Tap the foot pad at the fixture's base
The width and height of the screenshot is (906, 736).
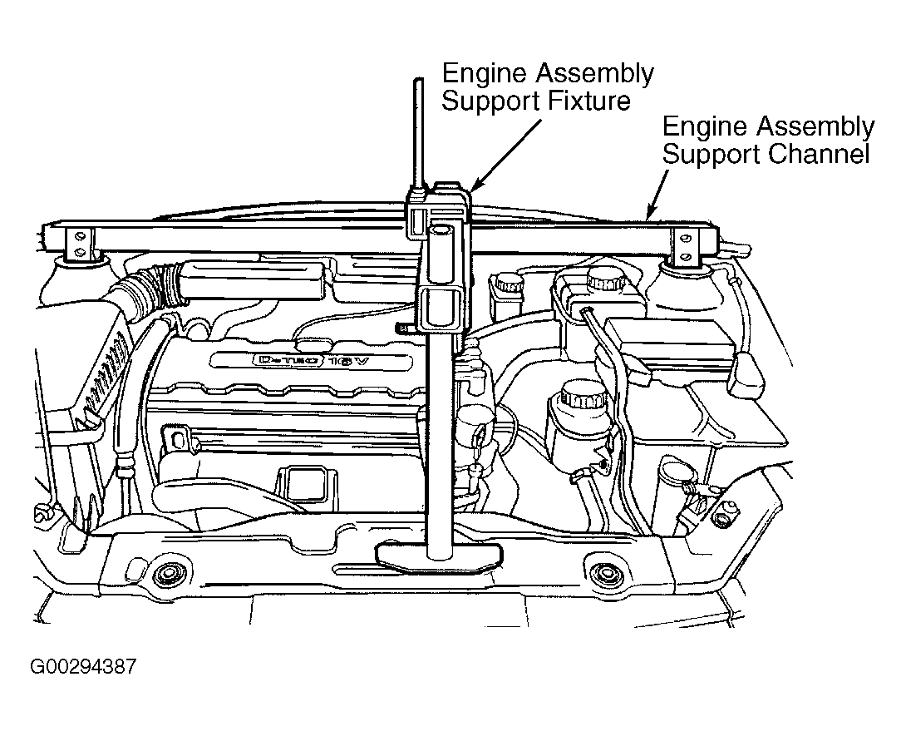point(438,556)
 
